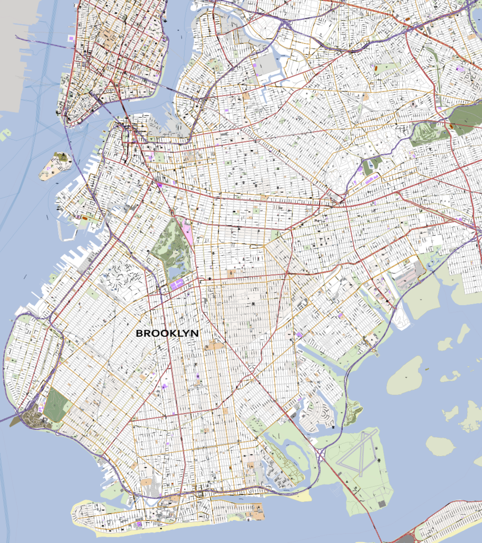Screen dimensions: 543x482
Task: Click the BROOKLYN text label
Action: (x=167, y=334)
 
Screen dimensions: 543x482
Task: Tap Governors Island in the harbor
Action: (x=55, y=166)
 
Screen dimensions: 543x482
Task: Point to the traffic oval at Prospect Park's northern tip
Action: (x=175, y=214)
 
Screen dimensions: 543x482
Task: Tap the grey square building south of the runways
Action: (x=382, y=503)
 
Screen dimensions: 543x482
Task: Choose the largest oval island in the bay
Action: (x=405, y=375)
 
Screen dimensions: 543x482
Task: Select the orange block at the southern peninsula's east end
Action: (x=256, y=513)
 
